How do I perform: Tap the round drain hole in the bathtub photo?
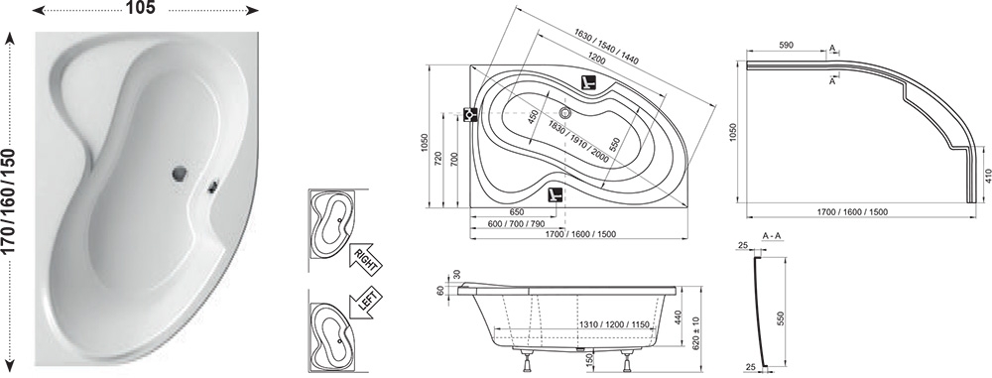tap(180, 174)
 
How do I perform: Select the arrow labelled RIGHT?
tap(365, 257)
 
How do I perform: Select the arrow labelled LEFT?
tap(365, 300)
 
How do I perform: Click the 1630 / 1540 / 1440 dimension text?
tap(606, 49)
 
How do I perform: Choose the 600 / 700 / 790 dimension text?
tap(516, 223)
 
